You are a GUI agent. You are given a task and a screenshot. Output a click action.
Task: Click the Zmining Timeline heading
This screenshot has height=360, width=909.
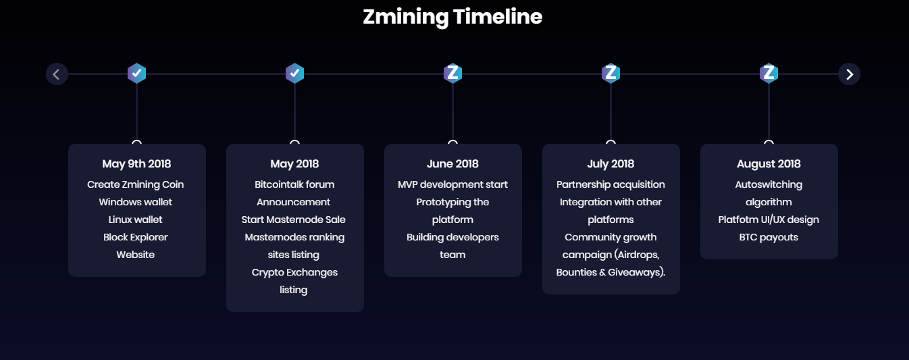pos(452,17)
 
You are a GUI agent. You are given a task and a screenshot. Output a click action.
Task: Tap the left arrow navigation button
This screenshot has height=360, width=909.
pos(57,74)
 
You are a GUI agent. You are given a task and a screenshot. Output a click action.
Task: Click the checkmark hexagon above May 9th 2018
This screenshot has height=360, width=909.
pos(137,74)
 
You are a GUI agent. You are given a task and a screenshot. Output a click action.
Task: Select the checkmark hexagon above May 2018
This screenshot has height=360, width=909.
pos(294,74)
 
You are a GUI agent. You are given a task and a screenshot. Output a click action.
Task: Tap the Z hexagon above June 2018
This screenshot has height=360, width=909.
pos(452,74)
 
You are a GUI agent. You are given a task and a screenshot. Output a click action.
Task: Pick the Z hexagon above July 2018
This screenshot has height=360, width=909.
pos(611,74)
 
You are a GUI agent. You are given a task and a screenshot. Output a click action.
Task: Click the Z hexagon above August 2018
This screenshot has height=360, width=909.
pos(769,74)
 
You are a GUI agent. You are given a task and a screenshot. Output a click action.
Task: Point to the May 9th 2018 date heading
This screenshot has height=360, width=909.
pos(137,164)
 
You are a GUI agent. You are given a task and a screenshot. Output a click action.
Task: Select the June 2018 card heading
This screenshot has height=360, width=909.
pos(452,164)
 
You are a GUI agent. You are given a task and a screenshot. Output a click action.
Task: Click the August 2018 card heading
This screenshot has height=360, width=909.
pos(769,164)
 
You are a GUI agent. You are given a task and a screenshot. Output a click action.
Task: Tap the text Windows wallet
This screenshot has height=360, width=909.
pos(136,202)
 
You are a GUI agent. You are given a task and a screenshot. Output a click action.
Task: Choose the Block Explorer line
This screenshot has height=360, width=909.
pos(136,238)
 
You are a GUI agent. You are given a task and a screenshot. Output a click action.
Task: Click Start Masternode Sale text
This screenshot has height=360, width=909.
pos(293,220)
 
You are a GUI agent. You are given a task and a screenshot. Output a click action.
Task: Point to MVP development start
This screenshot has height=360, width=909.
pos(452,184)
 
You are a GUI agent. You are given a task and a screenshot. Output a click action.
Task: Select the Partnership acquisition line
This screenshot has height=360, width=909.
pos(611,184)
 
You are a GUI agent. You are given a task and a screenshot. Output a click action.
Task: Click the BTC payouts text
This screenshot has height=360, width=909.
pos(769,238)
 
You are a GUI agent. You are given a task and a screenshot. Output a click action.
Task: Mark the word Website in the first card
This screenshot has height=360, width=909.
pos(136,255)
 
